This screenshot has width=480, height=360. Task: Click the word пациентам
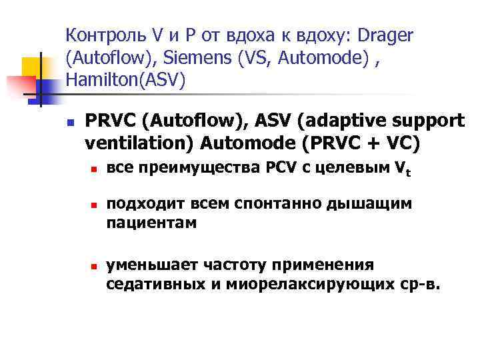(151, 223)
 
